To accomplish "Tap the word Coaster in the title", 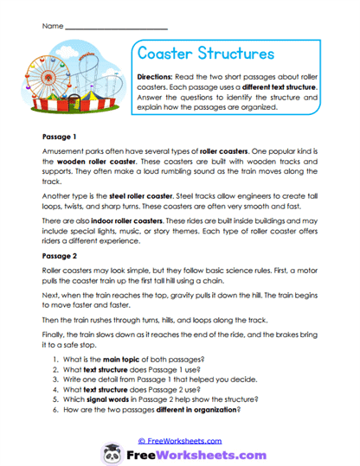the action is tap(169, 53).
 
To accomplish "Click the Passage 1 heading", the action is tap(61, 137).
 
